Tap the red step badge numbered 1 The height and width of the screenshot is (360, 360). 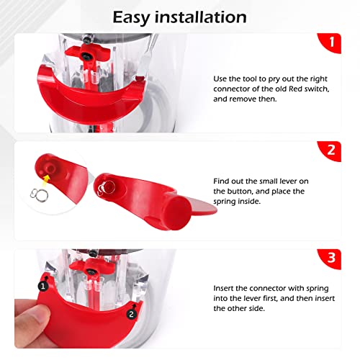coord(332,42)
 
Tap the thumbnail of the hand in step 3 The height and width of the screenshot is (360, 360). coord(43,324)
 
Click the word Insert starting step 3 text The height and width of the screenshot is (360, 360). coord(225,287)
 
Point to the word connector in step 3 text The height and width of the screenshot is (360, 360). coord(272,287)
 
